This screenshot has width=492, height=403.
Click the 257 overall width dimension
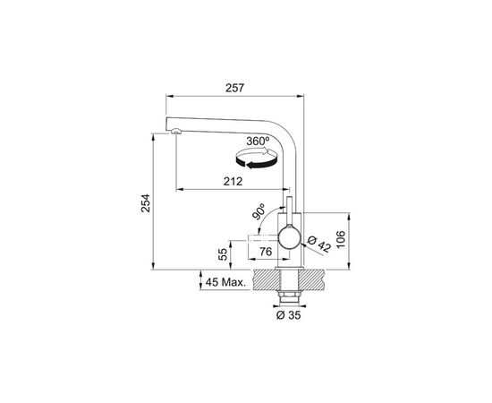234,88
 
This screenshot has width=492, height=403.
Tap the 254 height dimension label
146,203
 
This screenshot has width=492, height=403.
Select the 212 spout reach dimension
233,182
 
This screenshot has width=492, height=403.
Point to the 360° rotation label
258,141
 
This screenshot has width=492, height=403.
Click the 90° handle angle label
259,211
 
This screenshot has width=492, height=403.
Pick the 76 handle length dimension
266,252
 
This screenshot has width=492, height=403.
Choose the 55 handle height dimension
223,254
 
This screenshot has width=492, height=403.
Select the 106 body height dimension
340,239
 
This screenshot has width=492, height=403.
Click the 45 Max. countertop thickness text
225,282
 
